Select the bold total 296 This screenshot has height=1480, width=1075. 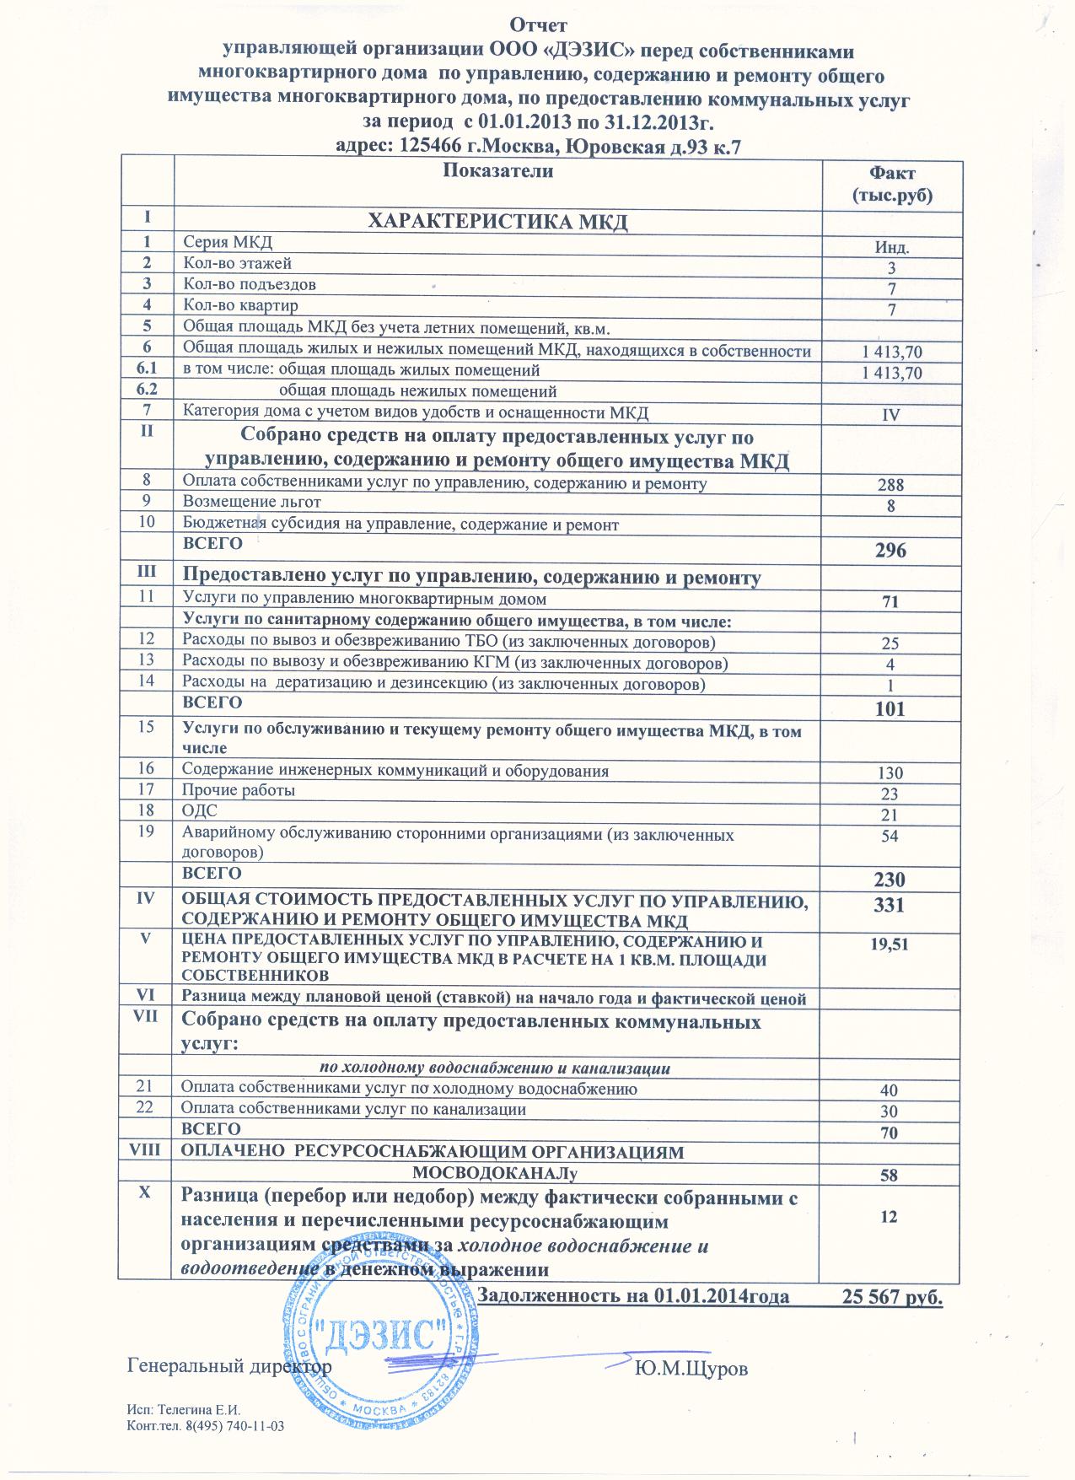(x=890, y=551)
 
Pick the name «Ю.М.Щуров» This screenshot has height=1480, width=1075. (x=691, y=1369)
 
